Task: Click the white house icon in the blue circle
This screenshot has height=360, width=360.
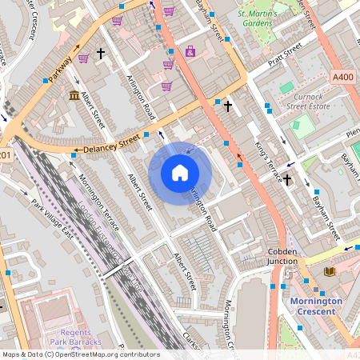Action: coord(180,172)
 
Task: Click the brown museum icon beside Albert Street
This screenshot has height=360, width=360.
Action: coord(74,97)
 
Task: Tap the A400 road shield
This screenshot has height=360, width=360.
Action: coord(342,77)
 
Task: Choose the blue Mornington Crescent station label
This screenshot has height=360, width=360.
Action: coord(315,306)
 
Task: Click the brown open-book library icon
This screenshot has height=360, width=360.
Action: coord(328,271)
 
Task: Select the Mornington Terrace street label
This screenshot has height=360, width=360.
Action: coord(101,202)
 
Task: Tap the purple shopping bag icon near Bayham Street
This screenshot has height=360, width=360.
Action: coord(190,52)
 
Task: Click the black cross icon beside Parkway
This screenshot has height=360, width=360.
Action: coord(101,54)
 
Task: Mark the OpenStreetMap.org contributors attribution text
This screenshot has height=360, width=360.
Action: coord(104,354)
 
